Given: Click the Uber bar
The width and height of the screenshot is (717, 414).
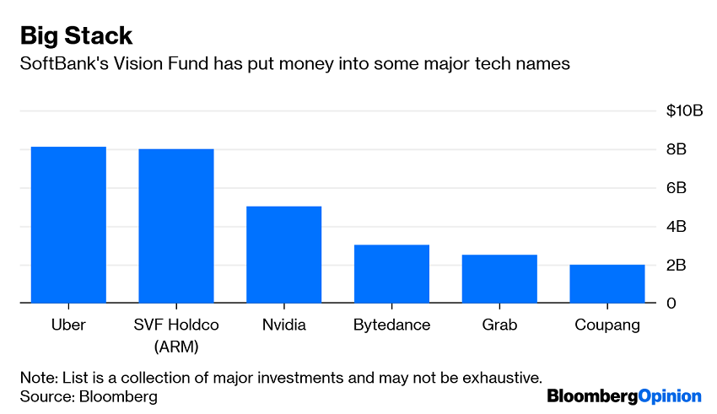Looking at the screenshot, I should [x=68, y=224].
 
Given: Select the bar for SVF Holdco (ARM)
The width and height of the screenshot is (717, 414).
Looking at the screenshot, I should [x=176, y=225].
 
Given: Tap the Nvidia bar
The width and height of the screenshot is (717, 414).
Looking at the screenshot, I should [x=283, y=254].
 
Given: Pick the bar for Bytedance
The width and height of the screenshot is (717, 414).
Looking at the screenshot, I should [x=391, y=273].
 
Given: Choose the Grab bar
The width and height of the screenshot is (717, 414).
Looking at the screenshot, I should [x=499, y=278].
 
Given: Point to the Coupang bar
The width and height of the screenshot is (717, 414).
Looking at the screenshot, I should [x=607, y=283].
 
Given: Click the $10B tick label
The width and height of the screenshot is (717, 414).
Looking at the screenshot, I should [x=683, y=111].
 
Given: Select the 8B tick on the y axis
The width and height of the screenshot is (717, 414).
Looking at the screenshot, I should [x=677, y=150].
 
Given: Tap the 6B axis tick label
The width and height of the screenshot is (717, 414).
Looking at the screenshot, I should [x=677, y=189].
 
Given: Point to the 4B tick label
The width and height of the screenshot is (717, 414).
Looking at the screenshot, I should [x=677, y=227].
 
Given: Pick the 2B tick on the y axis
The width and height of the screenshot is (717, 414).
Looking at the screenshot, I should [x=677, y=266].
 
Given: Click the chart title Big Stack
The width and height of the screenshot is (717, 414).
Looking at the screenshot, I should [x=76, y=35].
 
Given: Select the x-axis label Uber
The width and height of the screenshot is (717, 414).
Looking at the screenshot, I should [x=68, y=325].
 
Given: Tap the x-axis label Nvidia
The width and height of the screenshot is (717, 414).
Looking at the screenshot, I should [x=283, y=325].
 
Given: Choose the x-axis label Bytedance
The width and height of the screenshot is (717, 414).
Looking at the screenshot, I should [x=391, y=325].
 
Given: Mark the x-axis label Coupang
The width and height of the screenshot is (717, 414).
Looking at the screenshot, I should [x=607, y=325].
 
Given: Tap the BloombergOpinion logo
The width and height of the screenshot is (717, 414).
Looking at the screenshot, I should [x=624, y=395].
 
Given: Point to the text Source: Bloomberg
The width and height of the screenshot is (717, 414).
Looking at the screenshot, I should [x=89, y=395].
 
